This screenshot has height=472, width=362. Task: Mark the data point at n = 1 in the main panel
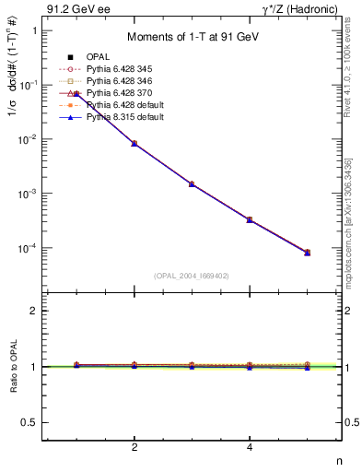tap(76, 94)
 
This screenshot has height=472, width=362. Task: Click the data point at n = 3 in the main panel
tap(192, 184)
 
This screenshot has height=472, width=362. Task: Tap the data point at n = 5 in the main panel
tap(307, 252)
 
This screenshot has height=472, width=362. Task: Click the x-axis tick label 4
tap(250, 447)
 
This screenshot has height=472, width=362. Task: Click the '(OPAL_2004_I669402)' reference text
tap(192, 275)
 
